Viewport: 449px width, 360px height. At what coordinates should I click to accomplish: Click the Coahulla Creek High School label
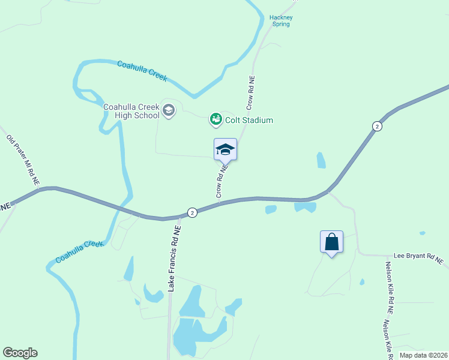click(x=131, y=111)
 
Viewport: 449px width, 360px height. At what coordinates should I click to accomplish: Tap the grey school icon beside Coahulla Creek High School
click(x=169, y=110)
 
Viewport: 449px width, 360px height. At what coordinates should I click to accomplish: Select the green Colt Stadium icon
click(x=215, y=120)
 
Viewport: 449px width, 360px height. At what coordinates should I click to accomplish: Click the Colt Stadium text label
click(x=249, y=120)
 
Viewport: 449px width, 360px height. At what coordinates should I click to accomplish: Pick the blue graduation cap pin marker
click(x=225, y=149)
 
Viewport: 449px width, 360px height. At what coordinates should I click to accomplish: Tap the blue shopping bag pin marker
click(x=331, y=242)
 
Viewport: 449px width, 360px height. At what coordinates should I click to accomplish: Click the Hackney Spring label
click(x=281, y=21)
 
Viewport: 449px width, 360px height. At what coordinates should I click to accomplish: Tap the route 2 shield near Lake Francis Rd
click(x=191, y=212)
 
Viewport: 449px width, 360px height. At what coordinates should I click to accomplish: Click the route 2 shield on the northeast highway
click(x=376, y=126)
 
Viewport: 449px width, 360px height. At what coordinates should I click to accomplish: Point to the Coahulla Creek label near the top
click(x=142, y=71)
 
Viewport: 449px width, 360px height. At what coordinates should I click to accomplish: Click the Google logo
click(x=20, y=353)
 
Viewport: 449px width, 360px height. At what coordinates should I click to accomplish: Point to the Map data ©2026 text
click(x=423, y=355)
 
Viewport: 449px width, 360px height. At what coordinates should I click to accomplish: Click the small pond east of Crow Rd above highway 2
click(x=321, y=160)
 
